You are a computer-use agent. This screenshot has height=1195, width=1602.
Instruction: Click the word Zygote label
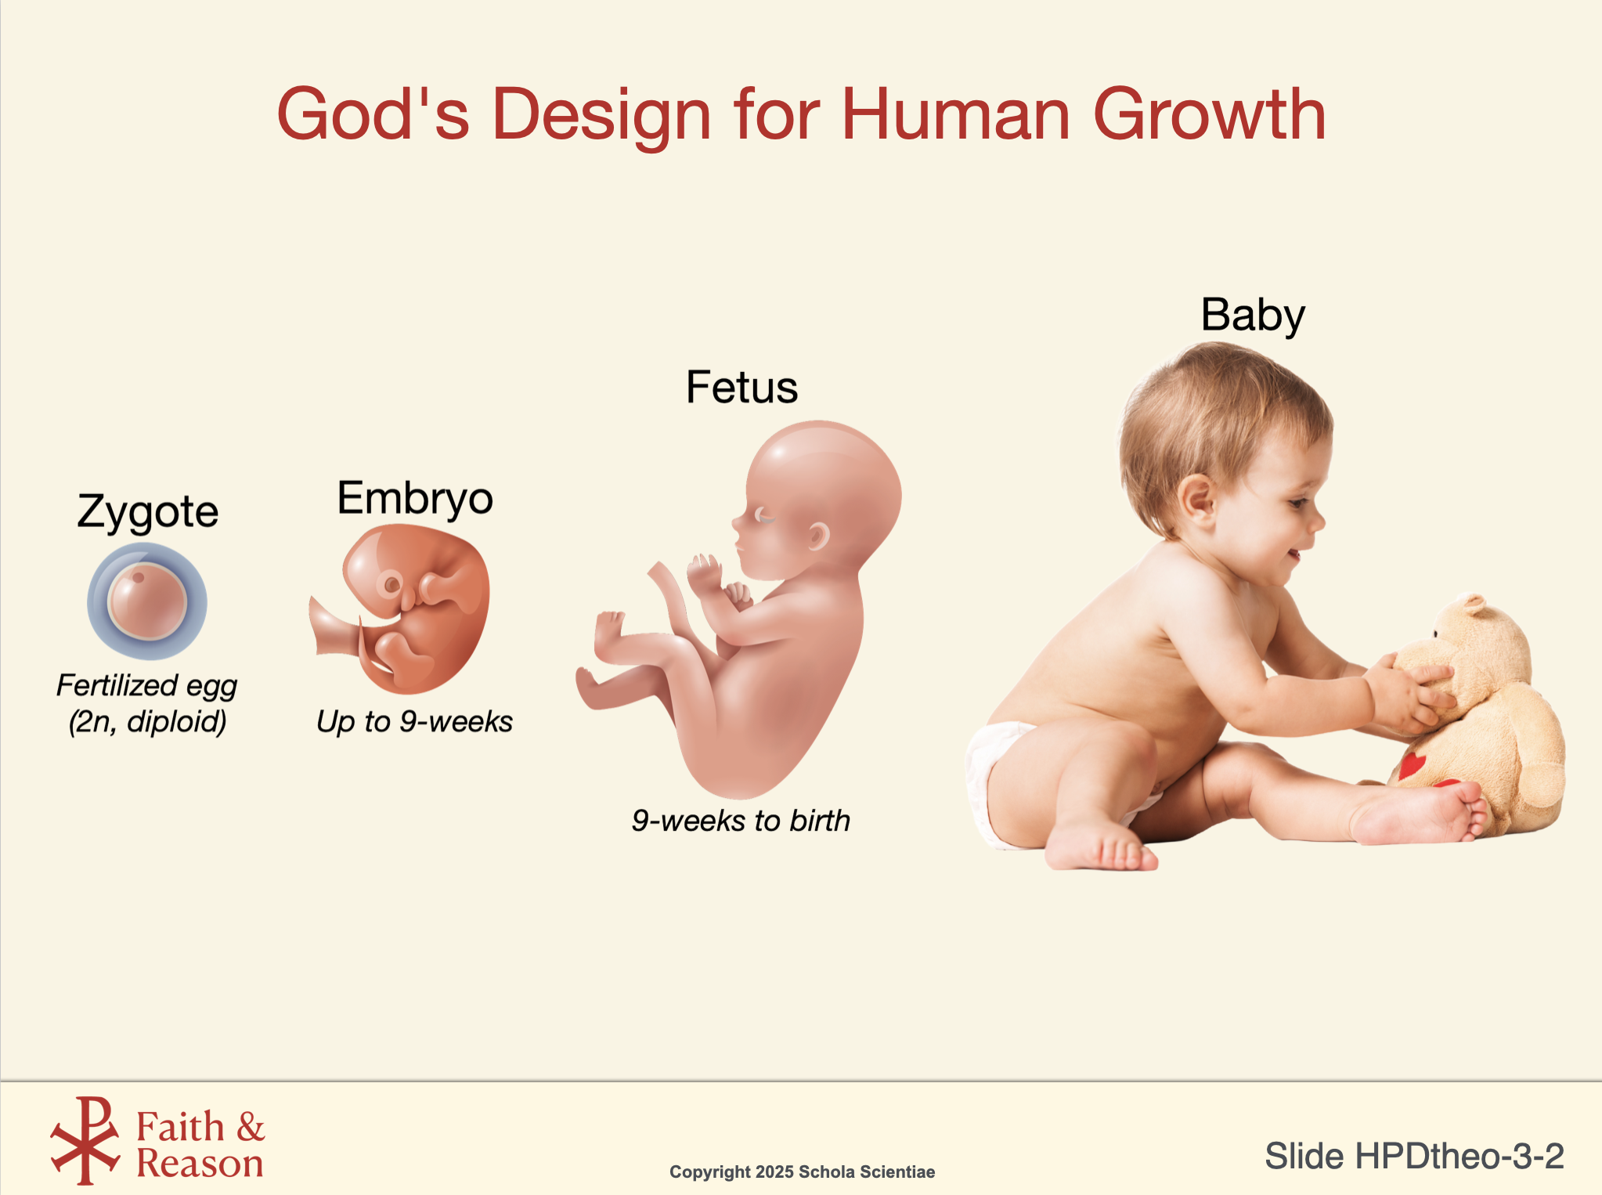coord(147,513)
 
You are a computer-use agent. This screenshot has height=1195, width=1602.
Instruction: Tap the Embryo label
coord(415,499)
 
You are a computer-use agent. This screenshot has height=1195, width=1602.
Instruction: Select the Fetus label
coord(741,387)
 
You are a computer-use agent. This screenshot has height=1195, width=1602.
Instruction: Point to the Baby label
coord(1253,316)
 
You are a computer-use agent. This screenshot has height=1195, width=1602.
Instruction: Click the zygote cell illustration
coord(147,601)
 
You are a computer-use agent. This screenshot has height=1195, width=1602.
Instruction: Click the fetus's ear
coord(818,536)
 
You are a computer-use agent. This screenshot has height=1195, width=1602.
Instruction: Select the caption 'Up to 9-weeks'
coord(414,721)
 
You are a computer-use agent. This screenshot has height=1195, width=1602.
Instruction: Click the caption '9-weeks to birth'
coord(741,821)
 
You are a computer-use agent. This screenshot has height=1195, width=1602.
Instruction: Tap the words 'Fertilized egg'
coord(146,686)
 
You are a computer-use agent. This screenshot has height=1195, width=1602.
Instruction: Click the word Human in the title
coord(955,114)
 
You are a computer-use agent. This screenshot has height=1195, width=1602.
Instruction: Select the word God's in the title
coord(373,114)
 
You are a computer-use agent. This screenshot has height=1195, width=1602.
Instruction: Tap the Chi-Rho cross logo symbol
coord(85,1140)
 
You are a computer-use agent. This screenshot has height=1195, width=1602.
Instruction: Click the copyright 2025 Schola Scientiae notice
coord(802,1172)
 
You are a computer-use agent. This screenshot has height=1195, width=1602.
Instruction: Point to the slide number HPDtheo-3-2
coord(1414,1156)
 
